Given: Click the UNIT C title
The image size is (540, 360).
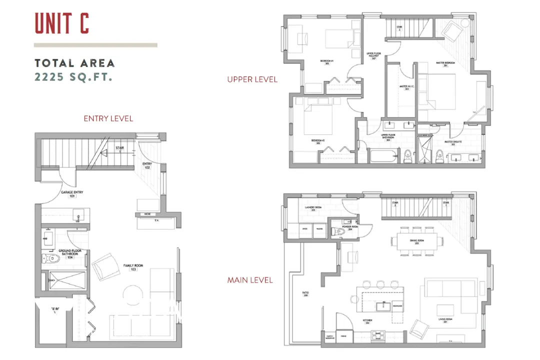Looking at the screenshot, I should pos(61,23).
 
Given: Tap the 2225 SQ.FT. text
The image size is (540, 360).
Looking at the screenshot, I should pos(72,77).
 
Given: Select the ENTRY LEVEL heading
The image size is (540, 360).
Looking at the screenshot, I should pos(108,118).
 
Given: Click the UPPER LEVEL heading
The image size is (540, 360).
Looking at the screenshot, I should pos(252,79).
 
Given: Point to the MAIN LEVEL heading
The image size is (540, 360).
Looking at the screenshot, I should pos(250,280).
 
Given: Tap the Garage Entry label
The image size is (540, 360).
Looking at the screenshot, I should pos(71,194).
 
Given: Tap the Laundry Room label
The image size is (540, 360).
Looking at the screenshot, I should pos(313,207).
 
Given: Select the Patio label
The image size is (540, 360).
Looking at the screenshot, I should pos(305,294).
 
